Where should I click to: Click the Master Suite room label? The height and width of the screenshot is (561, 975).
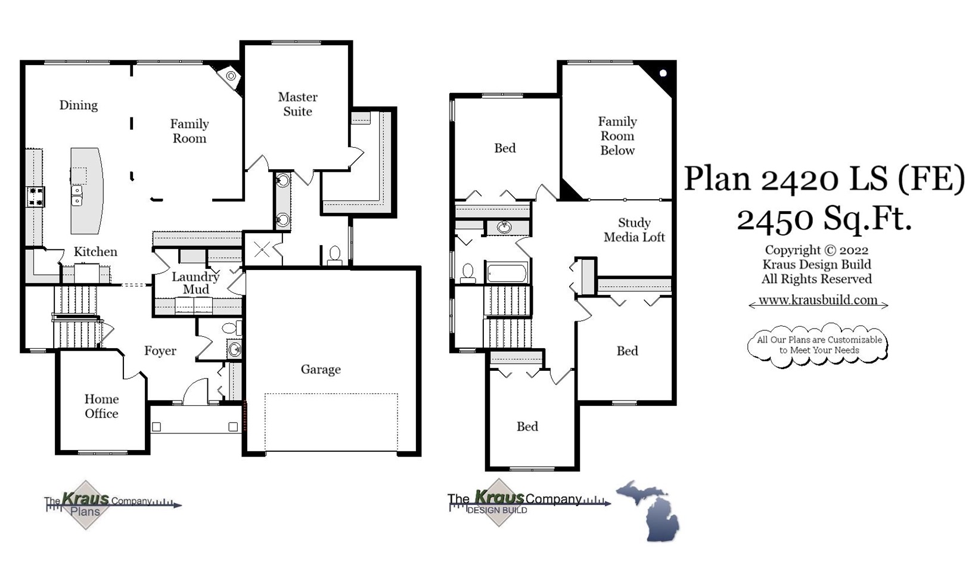click(x=297, y=104)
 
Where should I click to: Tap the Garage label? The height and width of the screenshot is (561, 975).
click(x=321, y=370)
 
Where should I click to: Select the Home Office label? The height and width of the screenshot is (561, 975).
click(x=101, y=407)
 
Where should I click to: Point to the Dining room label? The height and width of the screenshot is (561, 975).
click(x=78, y=106)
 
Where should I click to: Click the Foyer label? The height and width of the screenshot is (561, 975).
click(x=160, y=351)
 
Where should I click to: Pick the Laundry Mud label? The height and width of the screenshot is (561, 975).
click(x=195, y=283)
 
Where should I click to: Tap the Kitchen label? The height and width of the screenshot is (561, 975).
click(x=95, y=252)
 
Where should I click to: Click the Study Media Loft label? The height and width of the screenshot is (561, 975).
click(x=634, y=230)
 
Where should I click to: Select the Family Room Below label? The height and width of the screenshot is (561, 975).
click(x=617, y=136)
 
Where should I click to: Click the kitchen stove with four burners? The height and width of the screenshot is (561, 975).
click(x=35, y=196)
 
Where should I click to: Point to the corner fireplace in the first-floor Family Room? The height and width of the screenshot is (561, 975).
click(x=231, y=76)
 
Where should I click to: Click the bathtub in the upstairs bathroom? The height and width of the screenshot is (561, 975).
click(x=507, y=274)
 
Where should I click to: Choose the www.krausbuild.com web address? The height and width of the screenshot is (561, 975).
click(x=818, y=300)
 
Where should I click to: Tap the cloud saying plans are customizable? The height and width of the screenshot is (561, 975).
click(x=818, y=345)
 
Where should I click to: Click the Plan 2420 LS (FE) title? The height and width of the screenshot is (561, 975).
click(x=824, y=178)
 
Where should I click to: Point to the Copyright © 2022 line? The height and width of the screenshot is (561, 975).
click(x=816, y=250)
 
